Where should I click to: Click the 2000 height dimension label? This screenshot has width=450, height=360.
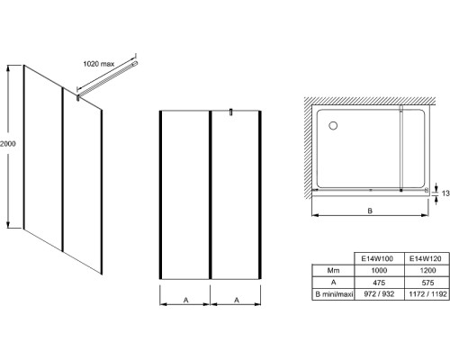(7, 144)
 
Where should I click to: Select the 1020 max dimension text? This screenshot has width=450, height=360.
(99, 64)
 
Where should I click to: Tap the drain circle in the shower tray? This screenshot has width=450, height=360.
(333, 125)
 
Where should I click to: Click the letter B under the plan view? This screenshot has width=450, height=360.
(370, 211)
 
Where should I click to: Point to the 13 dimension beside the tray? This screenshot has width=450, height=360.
(445, 193)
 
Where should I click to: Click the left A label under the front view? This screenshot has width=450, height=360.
(186, 300)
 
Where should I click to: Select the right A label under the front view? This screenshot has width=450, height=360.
(237, 300)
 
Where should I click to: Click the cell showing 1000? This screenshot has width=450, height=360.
(379, 271)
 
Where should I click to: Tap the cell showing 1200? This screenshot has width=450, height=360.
(427, 271)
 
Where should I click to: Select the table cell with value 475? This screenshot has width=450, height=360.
(379, 283)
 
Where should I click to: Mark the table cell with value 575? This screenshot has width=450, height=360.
(427, 283)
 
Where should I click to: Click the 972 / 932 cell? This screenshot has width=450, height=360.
(379, 294)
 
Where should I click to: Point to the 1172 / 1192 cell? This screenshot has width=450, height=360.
(427, 294)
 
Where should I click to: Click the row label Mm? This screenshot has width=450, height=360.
(333, 271)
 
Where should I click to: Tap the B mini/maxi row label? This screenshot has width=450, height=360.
(334, 294)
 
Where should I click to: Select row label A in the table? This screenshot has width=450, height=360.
(333, 283)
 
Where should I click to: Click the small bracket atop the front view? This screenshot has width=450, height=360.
(231, 112)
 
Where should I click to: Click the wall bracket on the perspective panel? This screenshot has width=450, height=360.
(78, 98)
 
